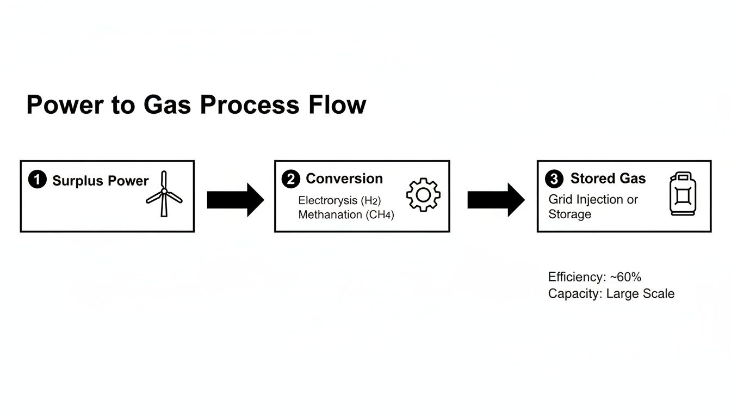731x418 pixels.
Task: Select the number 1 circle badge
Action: click(37, 180)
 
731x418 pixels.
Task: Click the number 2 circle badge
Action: click(291, 179)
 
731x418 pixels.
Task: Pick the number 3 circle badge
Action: click(554, 179)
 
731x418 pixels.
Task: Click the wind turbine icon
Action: click(164, 194)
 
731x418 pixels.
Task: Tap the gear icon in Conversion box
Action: click(423, 195)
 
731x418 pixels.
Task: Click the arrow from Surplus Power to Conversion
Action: click(235, 200)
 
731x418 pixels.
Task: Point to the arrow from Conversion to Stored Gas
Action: click(495, 200)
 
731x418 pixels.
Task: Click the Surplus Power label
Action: click(100, 181)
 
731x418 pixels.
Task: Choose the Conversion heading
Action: click(344, 179)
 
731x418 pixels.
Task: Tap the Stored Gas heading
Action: click(608, 179)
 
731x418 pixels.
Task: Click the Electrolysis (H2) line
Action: click(343, 200)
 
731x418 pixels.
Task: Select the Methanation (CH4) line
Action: click(346, 214)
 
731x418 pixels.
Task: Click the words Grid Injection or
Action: click(593, 200)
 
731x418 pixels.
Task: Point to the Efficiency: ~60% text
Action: click(594, 277)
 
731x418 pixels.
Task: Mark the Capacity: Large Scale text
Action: click(611, 294)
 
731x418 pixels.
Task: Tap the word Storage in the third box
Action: click(569, 214)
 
